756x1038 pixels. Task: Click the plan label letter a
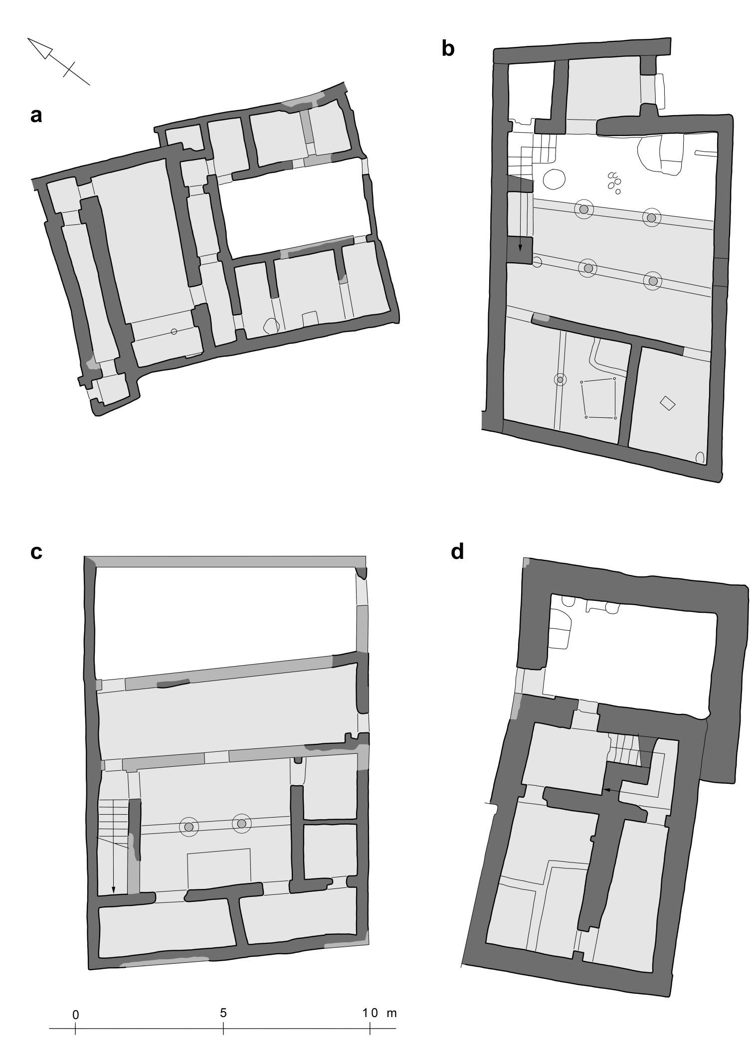[x=36, y=116]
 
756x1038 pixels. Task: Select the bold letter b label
[x=448, y=49]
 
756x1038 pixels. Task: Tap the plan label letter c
[x=36, y=552]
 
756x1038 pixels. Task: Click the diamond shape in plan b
[x=667, y=403]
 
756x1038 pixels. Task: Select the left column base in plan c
[x=189, y=827]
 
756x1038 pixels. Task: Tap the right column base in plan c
[x=242, y=824]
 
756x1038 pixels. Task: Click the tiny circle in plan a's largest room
[x=174, y=332]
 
